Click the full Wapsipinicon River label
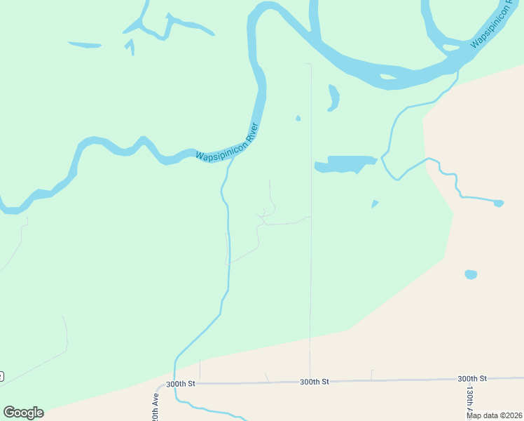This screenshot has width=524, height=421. point(227,142)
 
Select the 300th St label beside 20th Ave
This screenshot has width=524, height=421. point(181,385)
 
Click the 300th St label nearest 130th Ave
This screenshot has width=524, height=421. point(472,378)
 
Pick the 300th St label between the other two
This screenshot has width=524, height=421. point(315,382)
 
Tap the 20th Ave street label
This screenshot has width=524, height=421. point(156,407)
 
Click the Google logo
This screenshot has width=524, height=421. point(23,413)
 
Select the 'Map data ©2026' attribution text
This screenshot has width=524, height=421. point(495,415)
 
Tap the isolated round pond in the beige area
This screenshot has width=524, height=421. point(471,274)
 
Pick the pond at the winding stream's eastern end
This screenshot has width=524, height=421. point(498,203)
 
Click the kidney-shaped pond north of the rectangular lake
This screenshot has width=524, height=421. point(333,98)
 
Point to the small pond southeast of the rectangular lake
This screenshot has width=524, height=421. point(375,204)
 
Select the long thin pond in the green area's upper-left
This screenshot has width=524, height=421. point(85,46)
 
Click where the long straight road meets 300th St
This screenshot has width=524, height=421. point(310,382)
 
